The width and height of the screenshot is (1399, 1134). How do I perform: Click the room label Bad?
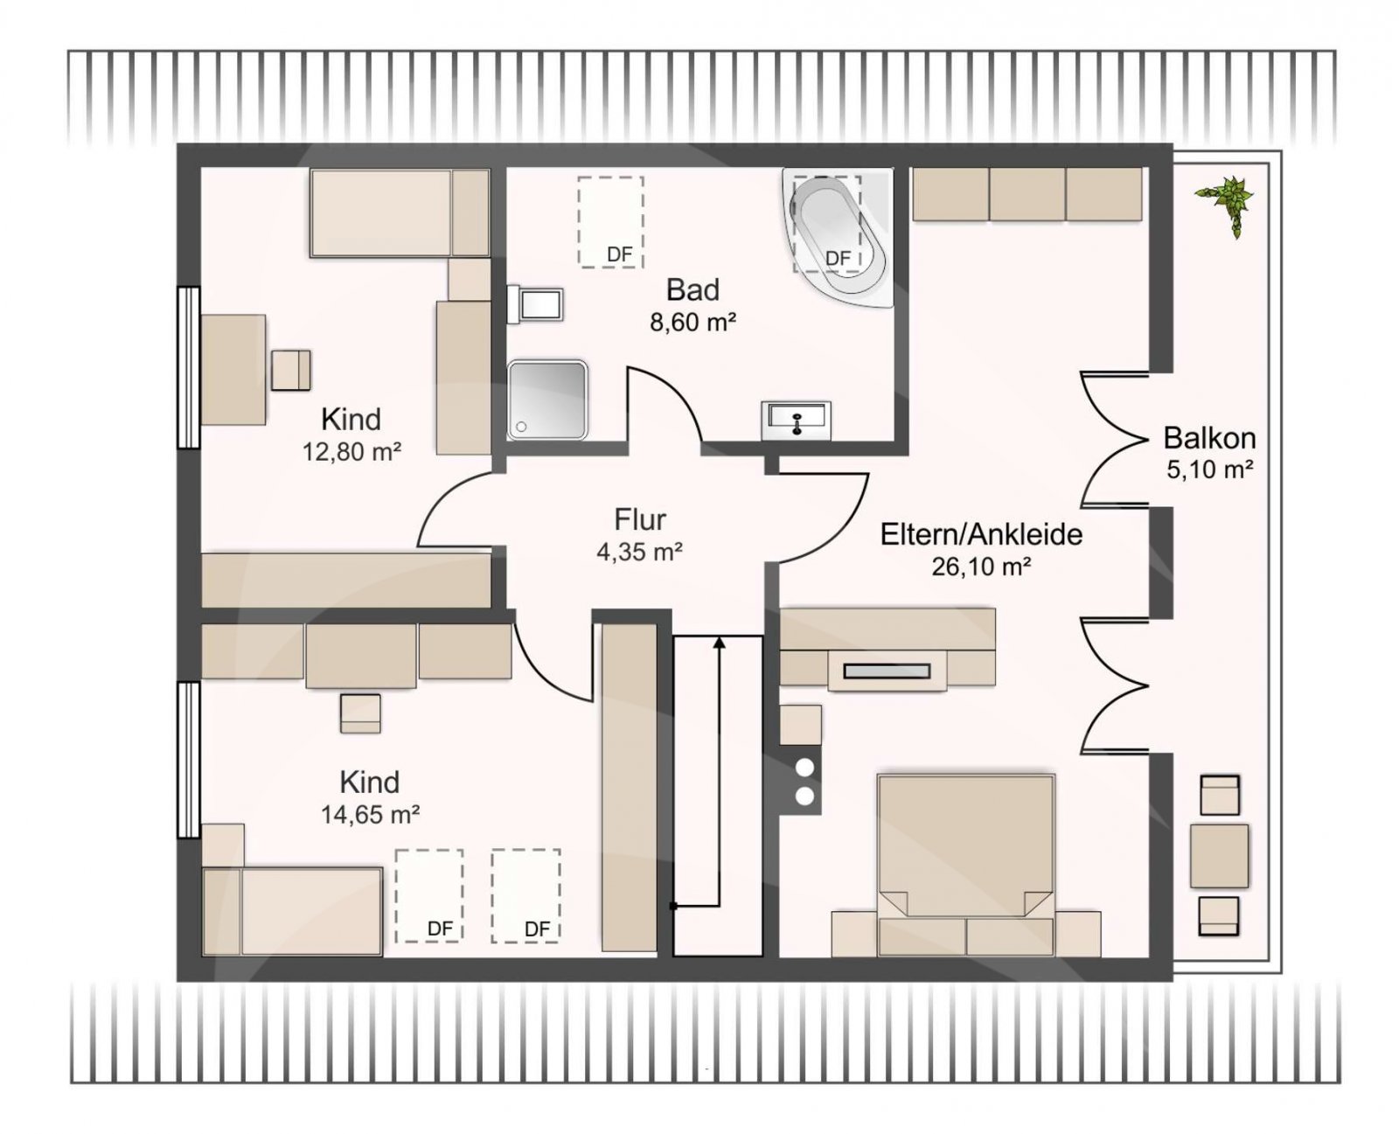click(693, 289)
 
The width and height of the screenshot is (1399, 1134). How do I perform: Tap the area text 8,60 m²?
click(693, 323)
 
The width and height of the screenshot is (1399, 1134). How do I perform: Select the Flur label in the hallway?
click(640, 519)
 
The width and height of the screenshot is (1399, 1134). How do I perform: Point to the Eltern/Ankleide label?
click(981, 534)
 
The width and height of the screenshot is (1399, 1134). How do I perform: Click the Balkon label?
click(1209, 438)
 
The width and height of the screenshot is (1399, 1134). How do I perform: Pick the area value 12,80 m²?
click(351, 452)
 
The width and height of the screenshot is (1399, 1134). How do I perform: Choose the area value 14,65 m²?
click(370, 815)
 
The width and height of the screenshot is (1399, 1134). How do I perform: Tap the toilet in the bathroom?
click(535, 304)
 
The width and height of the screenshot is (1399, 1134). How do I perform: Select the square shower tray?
click(547, 400)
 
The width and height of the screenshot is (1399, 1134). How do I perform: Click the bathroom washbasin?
click(796, 421)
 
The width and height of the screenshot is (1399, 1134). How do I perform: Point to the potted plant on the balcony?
click(1226, 205)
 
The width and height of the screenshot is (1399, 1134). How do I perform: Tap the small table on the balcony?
click(1220, 856)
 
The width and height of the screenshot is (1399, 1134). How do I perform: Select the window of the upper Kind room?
click(189, 368)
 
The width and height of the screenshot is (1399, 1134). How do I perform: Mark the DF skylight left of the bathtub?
click(610, 222)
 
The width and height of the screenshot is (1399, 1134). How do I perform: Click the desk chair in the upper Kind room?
click(291, 371)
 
